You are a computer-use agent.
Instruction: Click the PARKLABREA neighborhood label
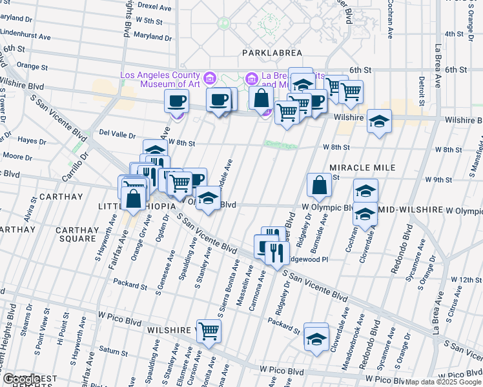pyautogui.click(x=267, y=52)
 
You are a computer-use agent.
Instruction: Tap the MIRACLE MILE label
pyautogui.click(x=362, y=167)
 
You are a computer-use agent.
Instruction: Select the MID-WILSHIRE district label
pyautogui.click(x=409, y=210)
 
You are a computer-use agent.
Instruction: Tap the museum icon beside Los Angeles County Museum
pyautogui.click(x=209, y=79)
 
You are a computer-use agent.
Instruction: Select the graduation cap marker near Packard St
pyautogui.click(x=316, y=338)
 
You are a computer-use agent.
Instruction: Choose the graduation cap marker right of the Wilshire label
pyautogui.click(x=379, y=120)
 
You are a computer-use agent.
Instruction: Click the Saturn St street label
pyautogui.click(x=114, y=352)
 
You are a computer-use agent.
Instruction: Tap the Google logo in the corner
pyautogui.click(x=20, y=379)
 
